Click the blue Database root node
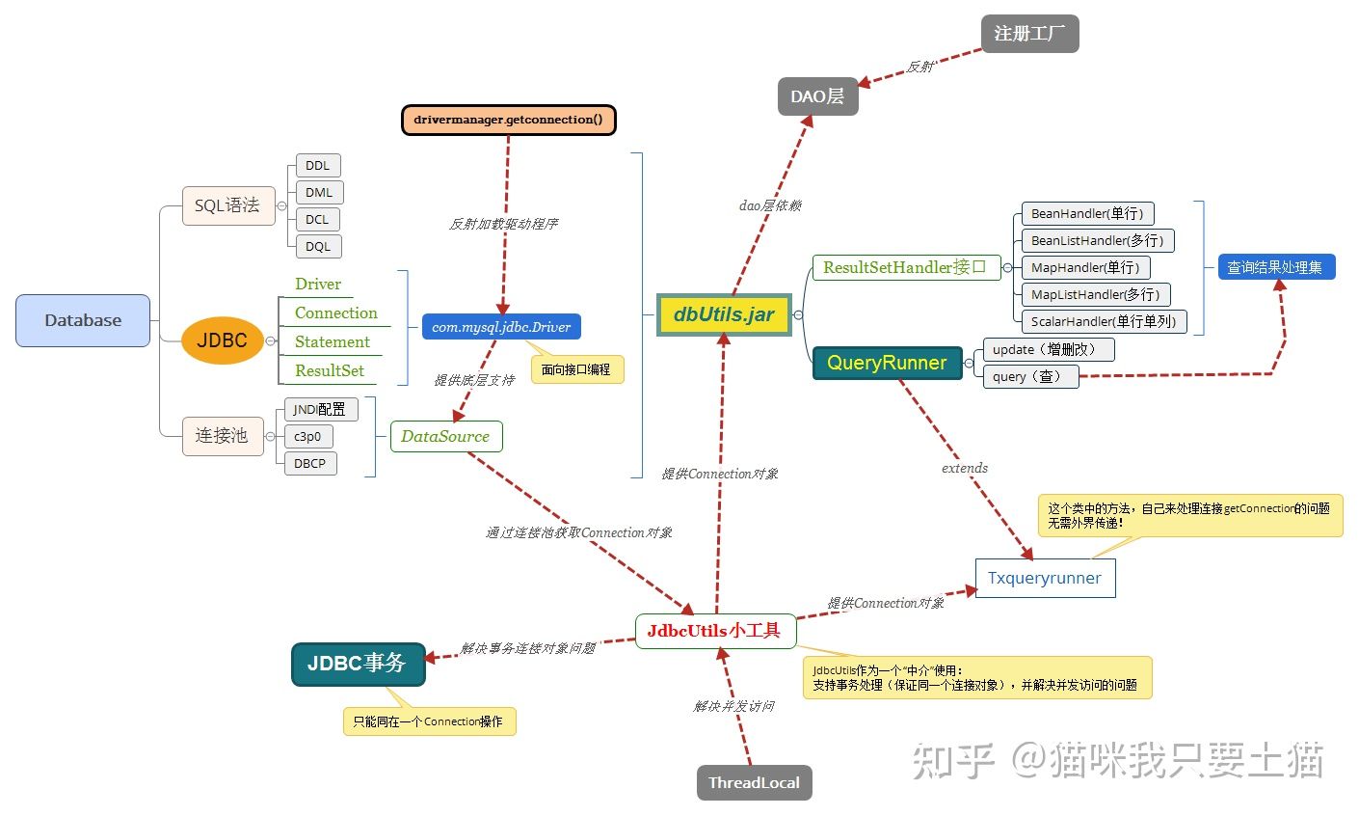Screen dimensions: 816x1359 pyautogui.click(x=83, y=320)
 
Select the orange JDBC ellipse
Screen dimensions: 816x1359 pyautogui.click(x=222, y=340)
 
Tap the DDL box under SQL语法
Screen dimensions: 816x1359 pyautogui.click(x=317, y=166)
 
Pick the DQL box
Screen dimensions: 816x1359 pyautogui.click(x=317, y=247)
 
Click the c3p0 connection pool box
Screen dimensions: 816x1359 pyautogui.click(x=307, y=437)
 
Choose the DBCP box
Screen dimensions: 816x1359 pyautogui.click(x=309, y=464)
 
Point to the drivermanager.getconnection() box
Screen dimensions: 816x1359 pyautogui.click(x=508, y=120)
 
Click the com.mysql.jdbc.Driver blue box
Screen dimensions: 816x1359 pyautogui.click(x=501, y=327)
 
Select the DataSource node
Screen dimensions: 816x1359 pyautogui.click(x=445, y=436)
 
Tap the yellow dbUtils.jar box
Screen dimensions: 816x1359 pyautogui.click(x=723, y=314)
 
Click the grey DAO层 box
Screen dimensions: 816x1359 pyautogui.click(x=817, y=96)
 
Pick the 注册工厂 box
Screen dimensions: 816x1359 pyautogui.click(x=1029, y=34)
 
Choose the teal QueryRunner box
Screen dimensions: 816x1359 pyautogui.click(x=887, y=363)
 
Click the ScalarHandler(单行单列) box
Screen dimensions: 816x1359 pyautogui.click(x=1103, y=321)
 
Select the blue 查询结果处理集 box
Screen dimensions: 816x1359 pyautogui.click(x=1276, y=267)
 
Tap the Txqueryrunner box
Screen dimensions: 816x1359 pyautogui.click(x=1045, y=579)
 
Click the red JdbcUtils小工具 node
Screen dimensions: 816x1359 pyautogui.click(x=714, y=631)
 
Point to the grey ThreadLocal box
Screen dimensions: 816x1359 pyautogui.click(x=754, y=782)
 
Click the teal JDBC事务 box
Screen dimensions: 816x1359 pyautogui.click(x=358, y=664)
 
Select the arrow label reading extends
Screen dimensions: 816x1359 pyautogui.click(x=965, y=468)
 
